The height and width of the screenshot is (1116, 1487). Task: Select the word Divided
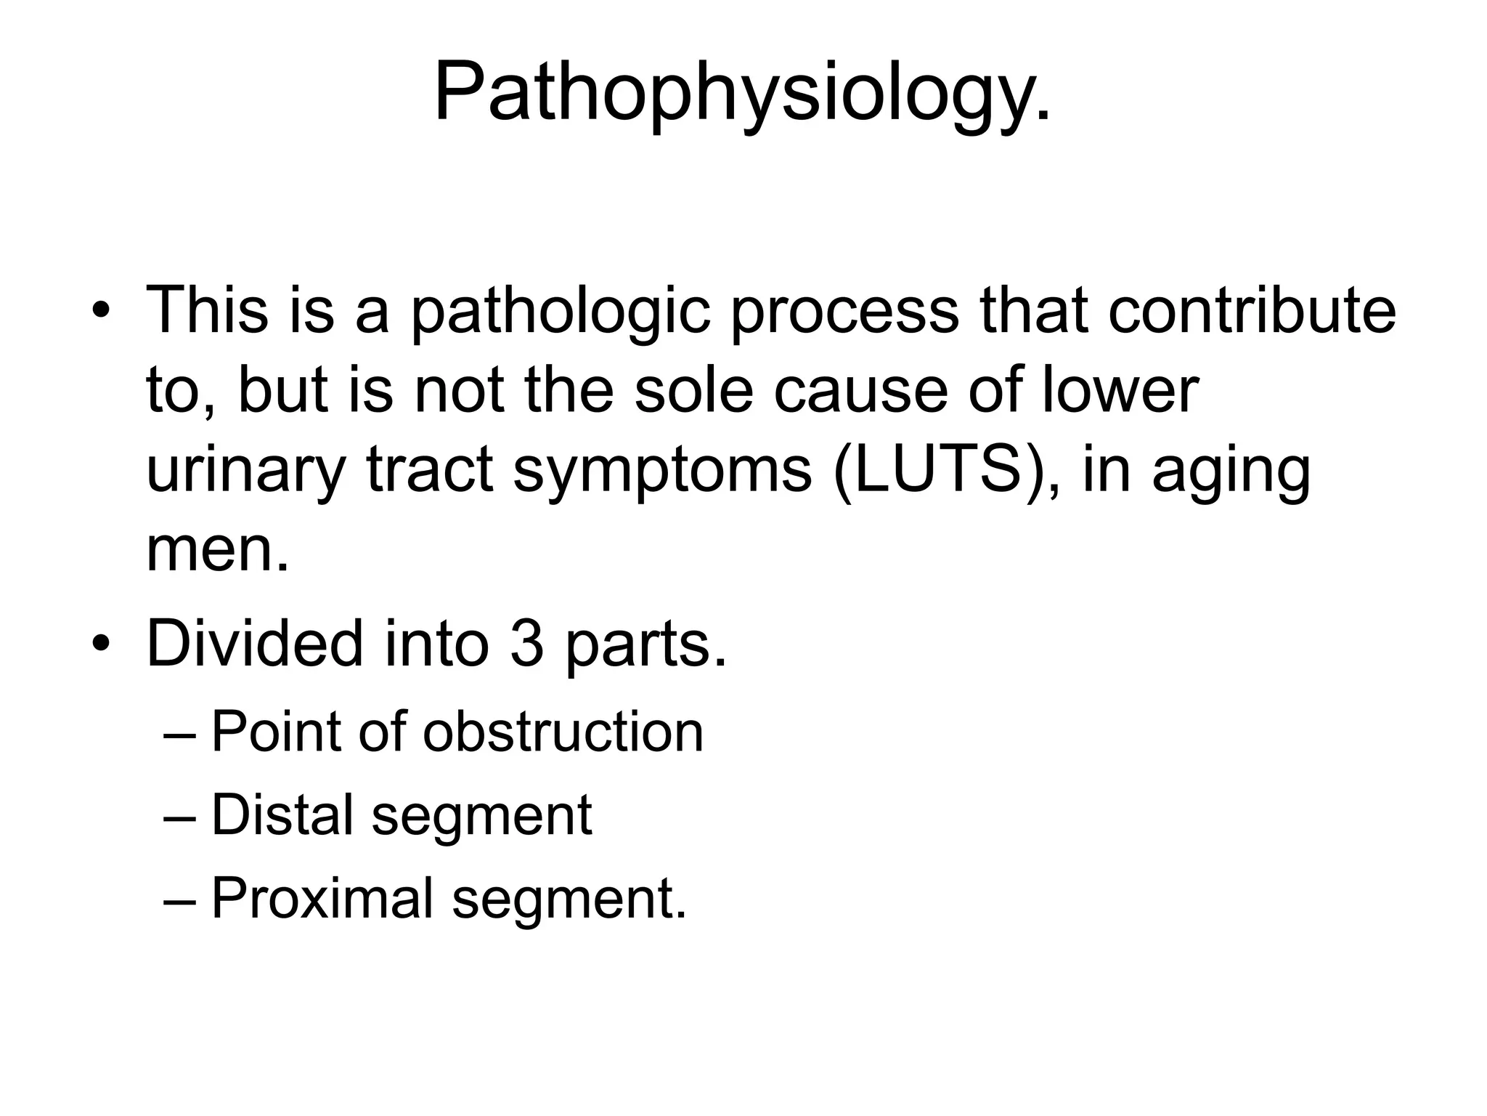[254, 644]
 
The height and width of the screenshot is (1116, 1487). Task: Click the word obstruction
[563, 732]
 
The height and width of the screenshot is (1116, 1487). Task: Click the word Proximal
[322, 899]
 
